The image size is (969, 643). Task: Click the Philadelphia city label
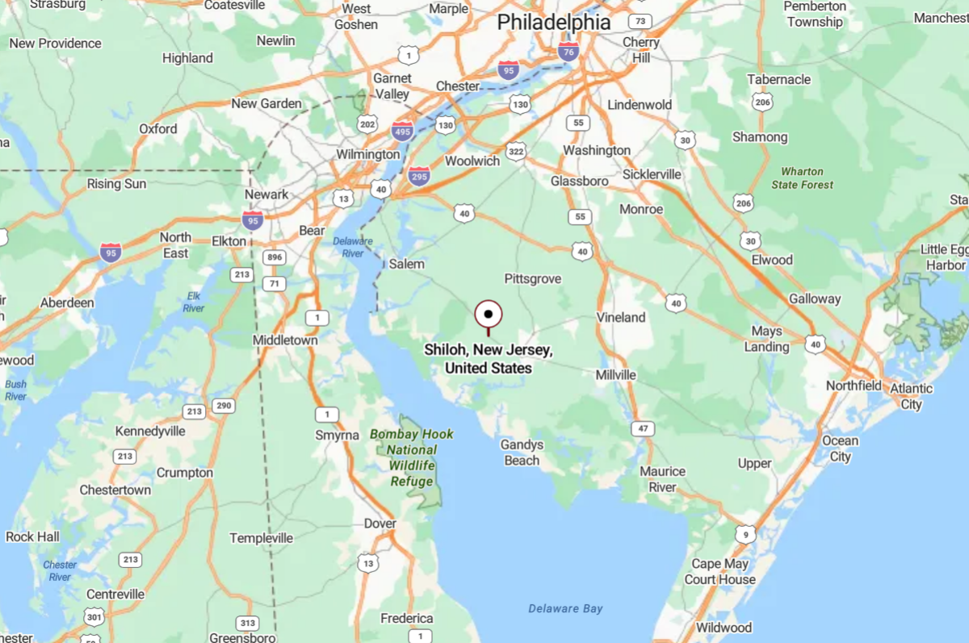[553, 22]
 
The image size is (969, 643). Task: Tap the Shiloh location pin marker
[489, 315]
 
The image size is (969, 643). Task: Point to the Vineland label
[621, 317]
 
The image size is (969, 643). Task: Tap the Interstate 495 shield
[402, 130]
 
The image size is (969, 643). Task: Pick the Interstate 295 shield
[418, 176]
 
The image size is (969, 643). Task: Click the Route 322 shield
[516, 151]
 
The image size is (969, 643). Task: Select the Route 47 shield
[642, 428]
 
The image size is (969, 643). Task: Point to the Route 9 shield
[745, 533]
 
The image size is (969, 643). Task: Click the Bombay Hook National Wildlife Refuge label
[412, 457]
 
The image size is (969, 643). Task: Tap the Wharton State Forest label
[802, 178]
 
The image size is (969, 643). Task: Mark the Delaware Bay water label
[565, 608]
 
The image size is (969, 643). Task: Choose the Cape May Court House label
[720, 571]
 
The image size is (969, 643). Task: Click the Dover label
[380, 524]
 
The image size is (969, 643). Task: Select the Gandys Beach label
[522, 453]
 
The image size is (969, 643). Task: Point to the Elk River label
[193, 302]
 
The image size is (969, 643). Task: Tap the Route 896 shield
[275, 258]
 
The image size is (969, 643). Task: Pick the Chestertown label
[115, 490]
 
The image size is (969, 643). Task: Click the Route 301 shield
[94, 618]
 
